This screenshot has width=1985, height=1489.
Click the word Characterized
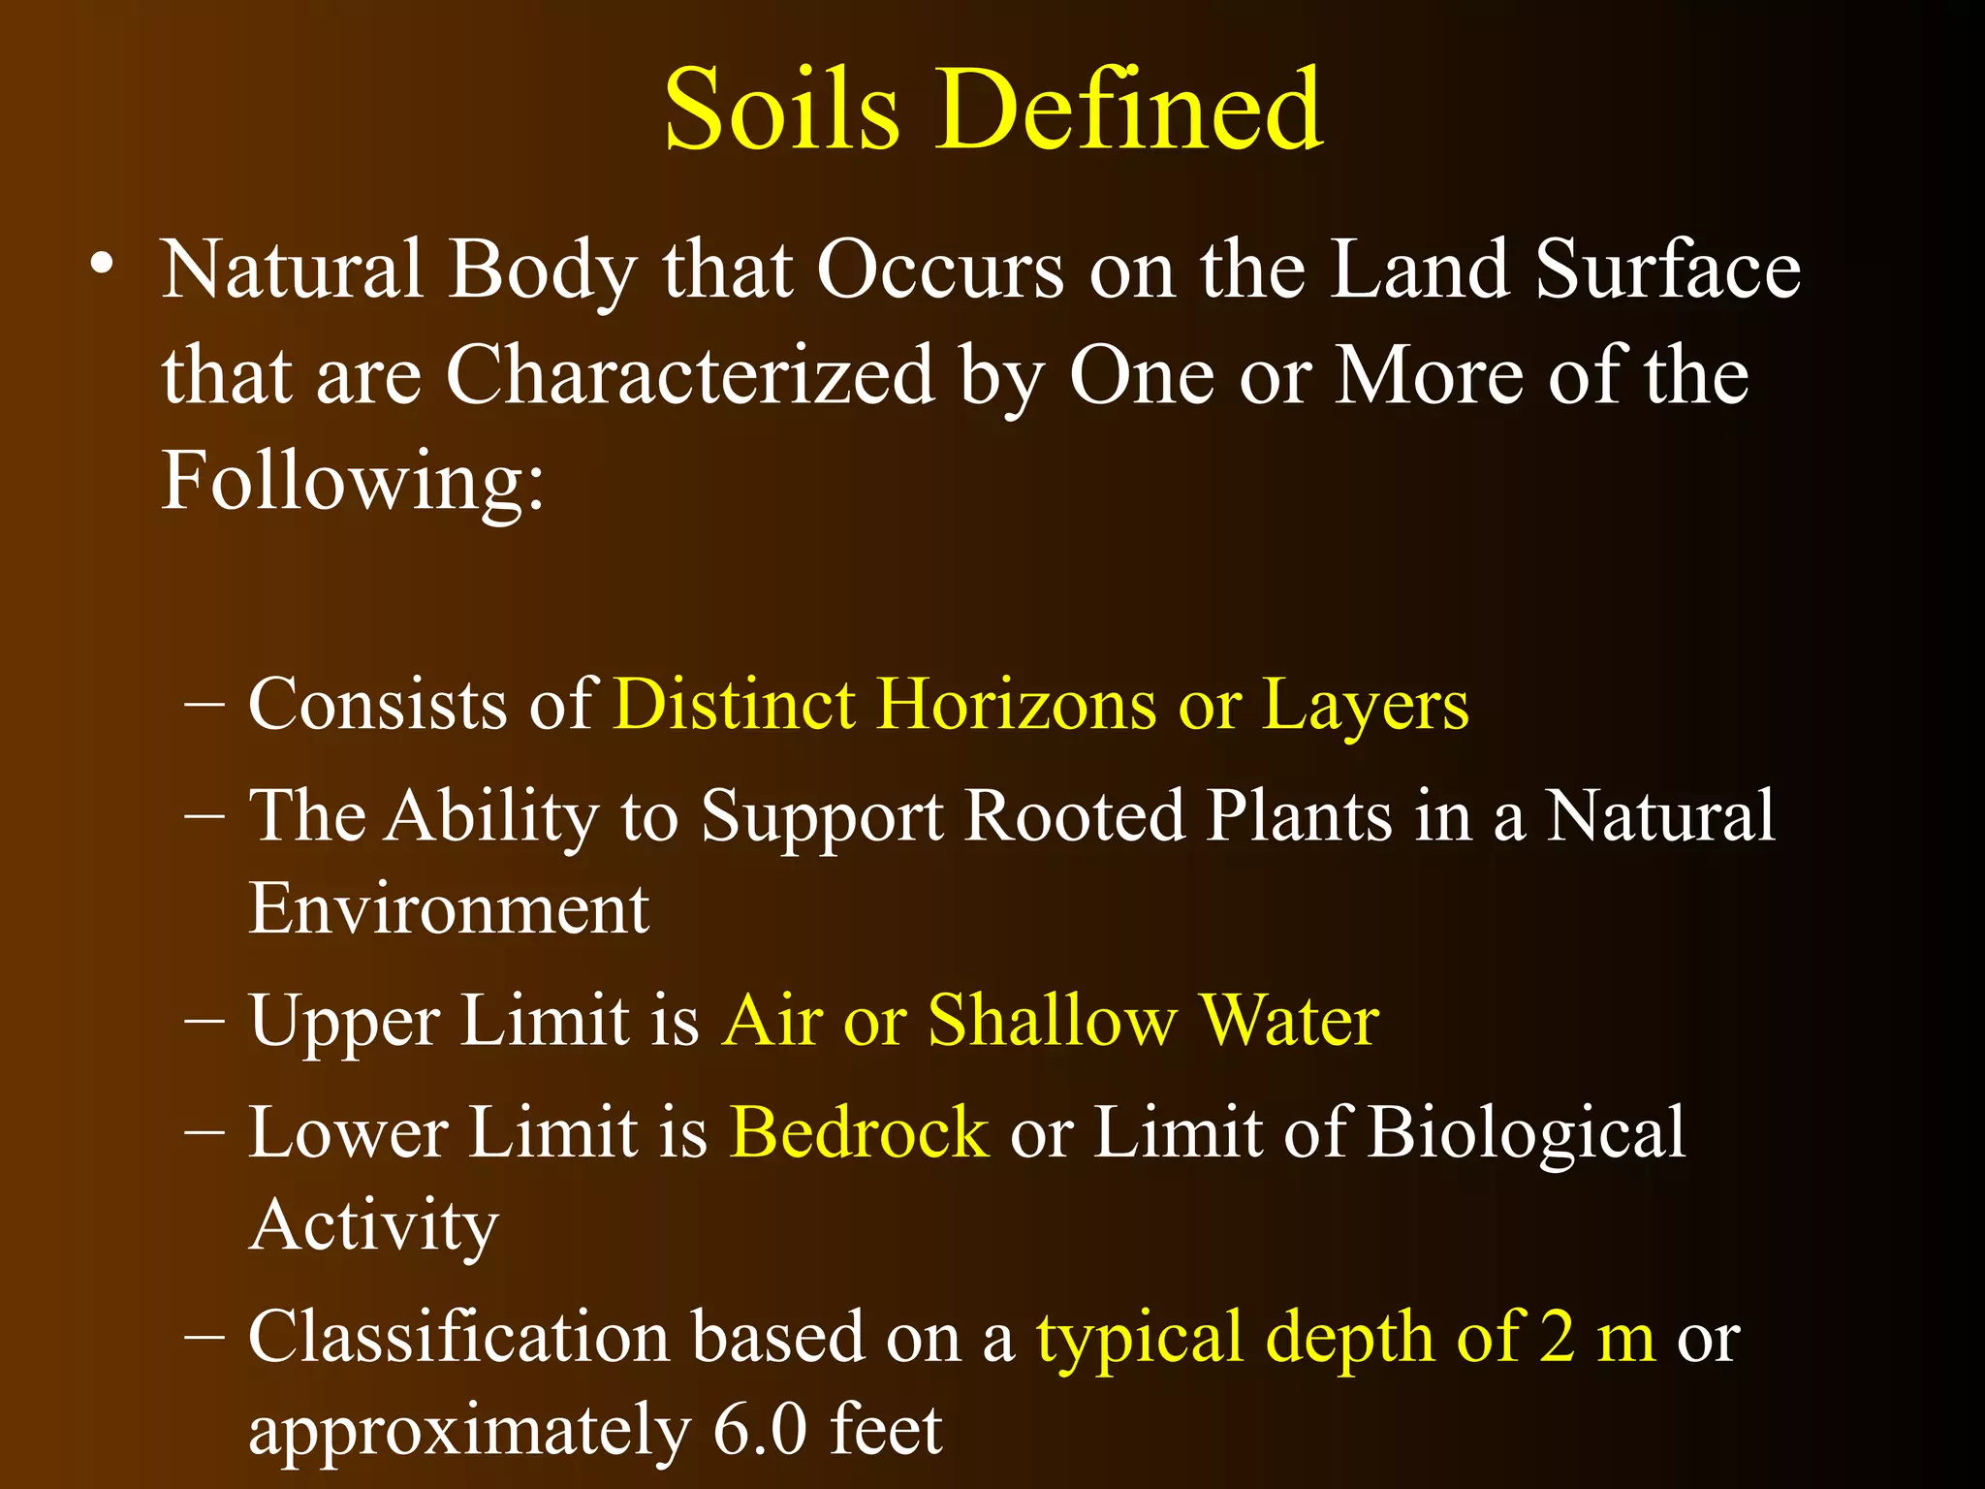[x=689, y=376]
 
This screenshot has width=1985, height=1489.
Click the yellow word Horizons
[x=1017, y=705]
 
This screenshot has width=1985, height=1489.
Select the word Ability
[x=493, y=817]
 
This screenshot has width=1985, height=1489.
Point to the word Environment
[x=449, y=909]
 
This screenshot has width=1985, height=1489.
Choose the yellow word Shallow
[x=1052, y=1021]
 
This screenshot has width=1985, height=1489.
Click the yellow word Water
[x=1288, y=1021]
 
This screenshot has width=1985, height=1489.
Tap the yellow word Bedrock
[x=859, y=1132]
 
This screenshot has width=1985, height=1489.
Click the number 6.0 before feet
[x=759, y=1430]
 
